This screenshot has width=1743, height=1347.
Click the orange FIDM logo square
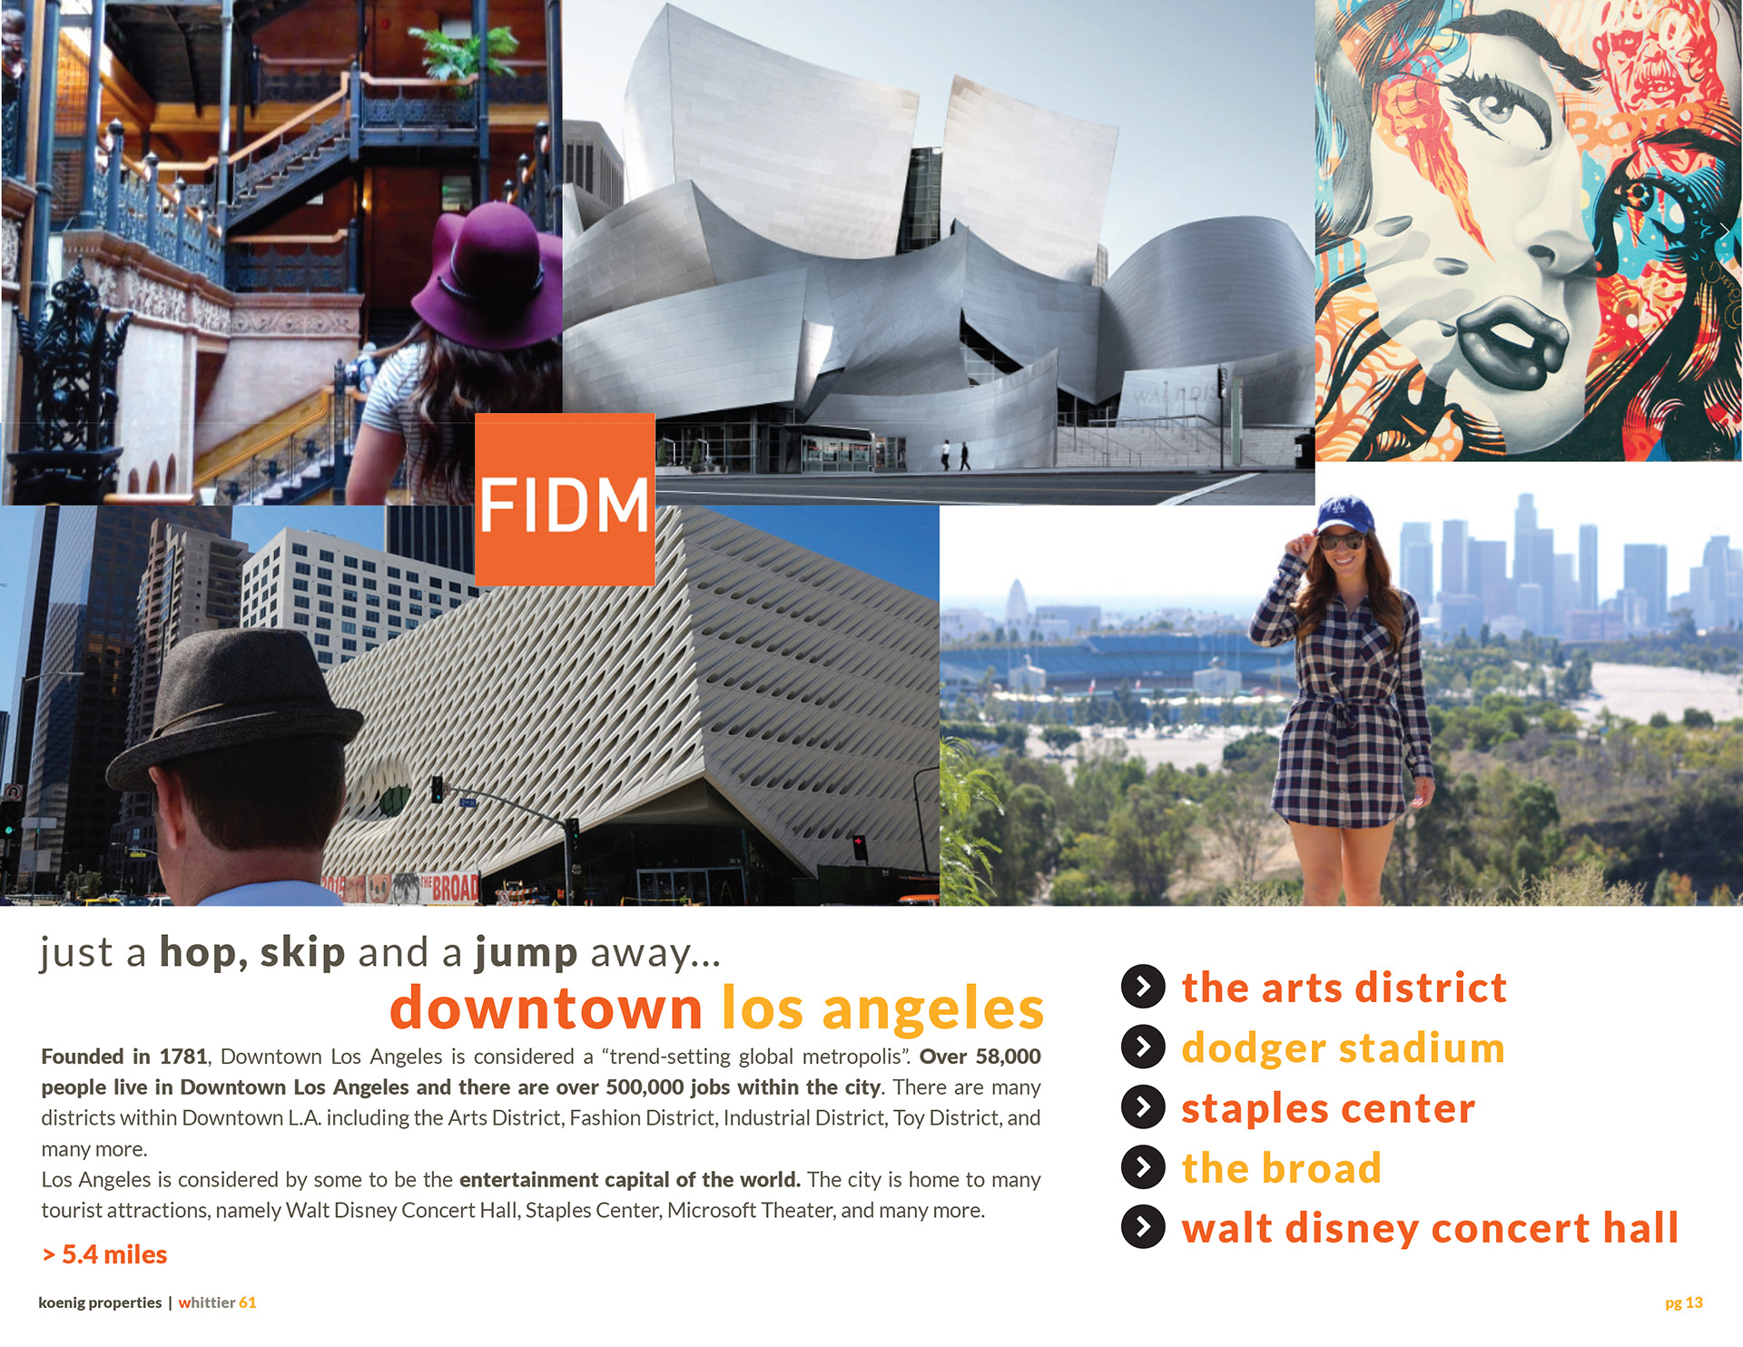point(565,499)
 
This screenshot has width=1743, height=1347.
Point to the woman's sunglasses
point(1341,543)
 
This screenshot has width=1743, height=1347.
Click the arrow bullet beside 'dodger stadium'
point(1143,1047)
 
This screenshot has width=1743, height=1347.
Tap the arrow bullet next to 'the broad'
point(1143,1167)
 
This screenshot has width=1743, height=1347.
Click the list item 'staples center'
point(1328,1109)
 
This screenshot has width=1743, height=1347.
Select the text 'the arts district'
point(1344,988)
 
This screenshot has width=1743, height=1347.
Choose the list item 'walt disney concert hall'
point(1430,1228)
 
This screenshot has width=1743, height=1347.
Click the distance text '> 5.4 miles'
point(104,1254)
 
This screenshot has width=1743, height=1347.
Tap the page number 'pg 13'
point(1684,1303)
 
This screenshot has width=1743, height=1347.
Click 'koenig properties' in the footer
point(100,1303)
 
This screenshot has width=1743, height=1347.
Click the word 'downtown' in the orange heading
point(547,1008)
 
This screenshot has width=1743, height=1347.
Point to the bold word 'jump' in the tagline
point(526,952)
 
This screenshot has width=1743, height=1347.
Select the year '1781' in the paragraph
point(183,1057)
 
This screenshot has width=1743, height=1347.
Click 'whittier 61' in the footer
point(217,1303)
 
